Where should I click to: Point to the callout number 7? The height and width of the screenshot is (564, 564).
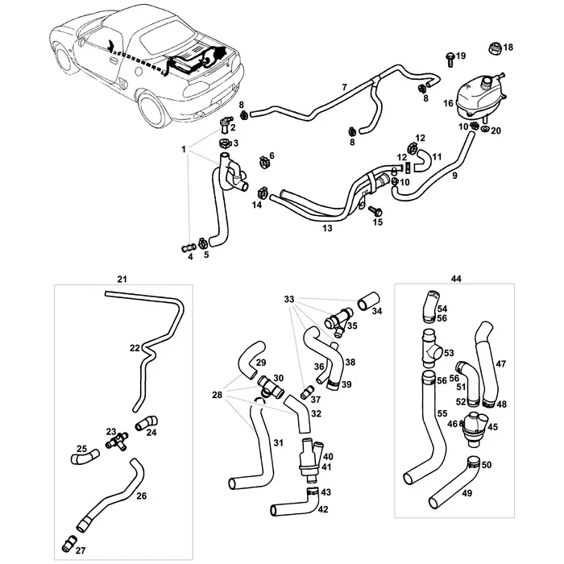click(344, 86)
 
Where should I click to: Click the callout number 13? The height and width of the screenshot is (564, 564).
click(326, 229)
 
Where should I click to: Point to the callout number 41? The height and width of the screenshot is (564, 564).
click(327, 467)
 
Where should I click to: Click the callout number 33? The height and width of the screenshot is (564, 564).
click(288, 299)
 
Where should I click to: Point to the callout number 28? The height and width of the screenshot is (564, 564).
click(216, 394)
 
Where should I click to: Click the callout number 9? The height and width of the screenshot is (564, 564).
click(454, 175)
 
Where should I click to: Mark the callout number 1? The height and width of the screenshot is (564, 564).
click(184, 150)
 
